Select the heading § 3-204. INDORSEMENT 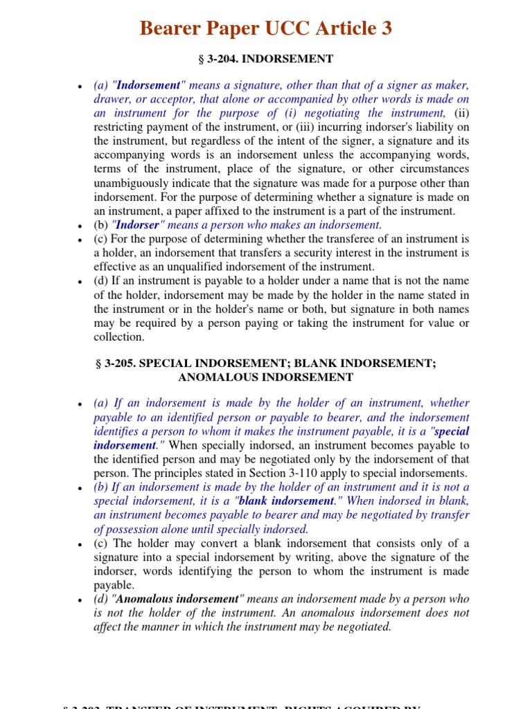265,59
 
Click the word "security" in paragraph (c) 364,253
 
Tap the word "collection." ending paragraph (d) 119,337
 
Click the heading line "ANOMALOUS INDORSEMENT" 265,377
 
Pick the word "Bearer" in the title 171,28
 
